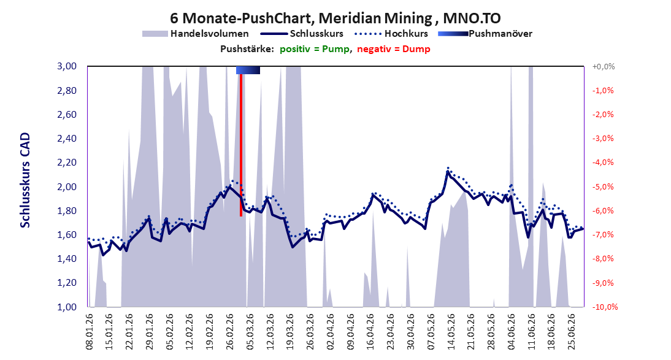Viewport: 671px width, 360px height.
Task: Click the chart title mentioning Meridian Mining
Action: [335, 18]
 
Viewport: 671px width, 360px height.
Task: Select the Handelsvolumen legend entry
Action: [195, 33]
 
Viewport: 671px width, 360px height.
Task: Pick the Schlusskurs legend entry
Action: [302, 33]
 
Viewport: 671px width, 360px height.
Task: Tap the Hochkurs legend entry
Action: [391, 33]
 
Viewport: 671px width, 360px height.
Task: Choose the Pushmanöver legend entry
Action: [485, 33]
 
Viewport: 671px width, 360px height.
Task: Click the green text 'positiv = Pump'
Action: [315, 49]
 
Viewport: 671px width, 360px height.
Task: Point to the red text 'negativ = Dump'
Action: [394, 49]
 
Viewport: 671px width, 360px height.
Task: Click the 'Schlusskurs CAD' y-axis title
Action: [25, 180]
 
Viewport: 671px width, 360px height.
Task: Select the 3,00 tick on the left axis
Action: [67, 66]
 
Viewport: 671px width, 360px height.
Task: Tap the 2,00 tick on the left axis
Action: [67, 186]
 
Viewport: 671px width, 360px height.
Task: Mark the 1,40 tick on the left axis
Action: [67, 259]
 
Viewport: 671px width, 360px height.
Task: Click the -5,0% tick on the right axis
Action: [603, 186]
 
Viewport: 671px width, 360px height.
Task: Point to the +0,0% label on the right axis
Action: [604, 66]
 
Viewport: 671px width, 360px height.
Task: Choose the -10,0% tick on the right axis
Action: [604, 307]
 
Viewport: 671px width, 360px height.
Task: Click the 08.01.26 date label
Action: [90, 331]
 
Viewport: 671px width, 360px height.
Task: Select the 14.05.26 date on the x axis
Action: [451, 331]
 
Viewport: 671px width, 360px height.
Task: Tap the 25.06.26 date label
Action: [571, 331]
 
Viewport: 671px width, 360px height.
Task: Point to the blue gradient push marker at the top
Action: [248, 70]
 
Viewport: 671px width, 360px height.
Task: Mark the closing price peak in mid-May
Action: [448, 172]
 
